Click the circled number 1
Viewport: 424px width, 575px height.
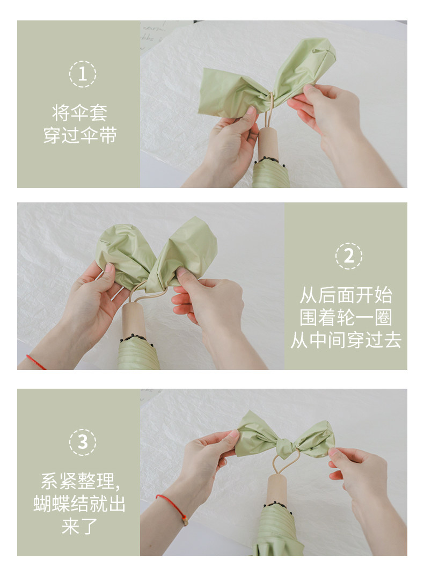point(83,74)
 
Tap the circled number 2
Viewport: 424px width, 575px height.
point(348,256)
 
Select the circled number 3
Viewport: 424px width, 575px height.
point(83,442)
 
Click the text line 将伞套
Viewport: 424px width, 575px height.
point(79,113)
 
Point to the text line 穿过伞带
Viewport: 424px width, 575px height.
point(80,135)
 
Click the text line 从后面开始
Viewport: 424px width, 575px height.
point(346,295)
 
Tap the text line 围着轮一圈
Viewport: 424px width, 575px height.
point(346,318)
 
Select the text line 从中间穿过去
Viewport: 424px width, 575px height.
point(346,340)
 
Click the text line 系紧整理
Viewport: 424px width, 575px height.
point(80,481)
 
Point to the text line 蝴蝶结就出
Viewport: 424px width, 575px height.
point(79,504)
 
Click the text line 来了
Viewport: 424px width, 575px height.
point(79,526)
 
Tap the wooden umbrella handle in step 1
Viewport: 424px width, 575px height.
point(267,143)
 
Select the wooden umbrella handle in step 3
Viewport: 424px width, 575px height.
point(277,489)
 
